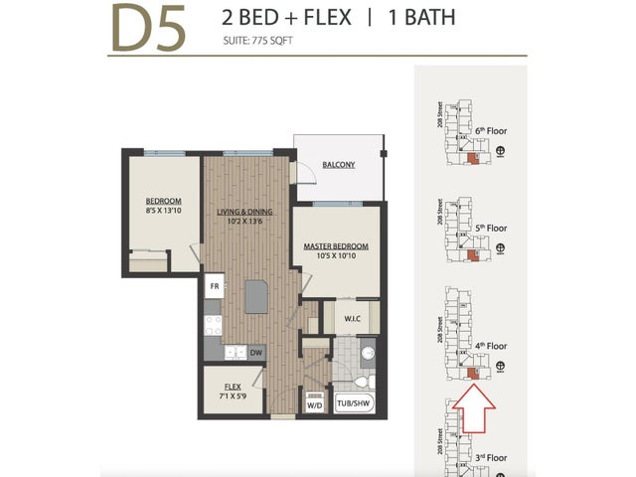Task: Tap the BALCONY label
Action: click(x=338, y=164)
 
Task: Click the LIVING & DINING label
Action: click(x=245, y=211)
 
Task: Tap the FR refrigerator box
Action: click(x=214, y=287)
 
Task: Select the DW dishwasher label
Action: click(x=255, y=351)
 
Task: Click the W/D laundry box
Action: click(x=315, y=405)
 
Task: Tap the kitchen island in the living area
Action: click(x=257, y=297)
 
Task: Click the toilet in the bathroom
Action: click(x=364, y=382)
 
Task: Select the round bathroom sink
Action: click(x=367, y=352)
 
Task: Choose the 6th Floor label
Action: click(x=491, y=130)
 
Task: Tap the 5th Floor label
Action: click(x=491, y=228)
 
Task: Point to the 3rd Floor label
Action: click(x=491, y=457)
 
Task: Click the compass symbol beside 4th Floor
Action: click(x=501, y=366)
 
